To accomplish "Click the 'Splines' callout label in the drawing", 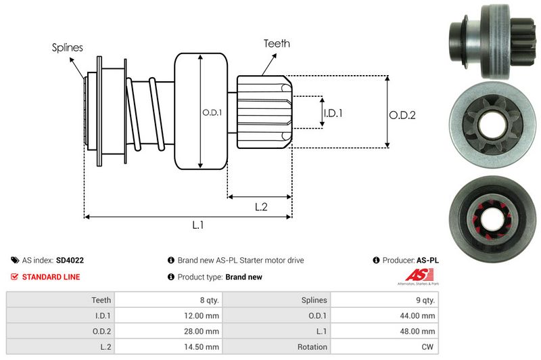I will click(x=68, y=48).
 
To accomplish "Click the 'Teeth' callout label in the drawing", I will click(x=277, y=43).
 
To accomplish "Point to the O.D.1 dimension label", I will click(x=212, y=112).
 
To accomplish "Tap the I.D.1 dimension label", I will click(x=333, y=113).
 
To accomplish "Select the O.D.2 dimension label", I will click(x=402, y=115).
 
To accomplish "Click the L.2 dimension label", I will click(x=261, y=207).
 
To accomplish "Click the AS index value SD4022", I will click(x=70, y=260).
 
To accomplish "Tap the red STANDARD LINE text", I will click(x=51, y=277).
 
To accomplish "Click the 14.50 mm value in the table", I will click(x=203, y=346).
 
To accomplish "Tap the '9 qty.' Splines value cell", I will click(x=425, y=299).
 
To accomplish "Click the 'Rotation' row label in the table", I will click(x=312, y=346).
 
